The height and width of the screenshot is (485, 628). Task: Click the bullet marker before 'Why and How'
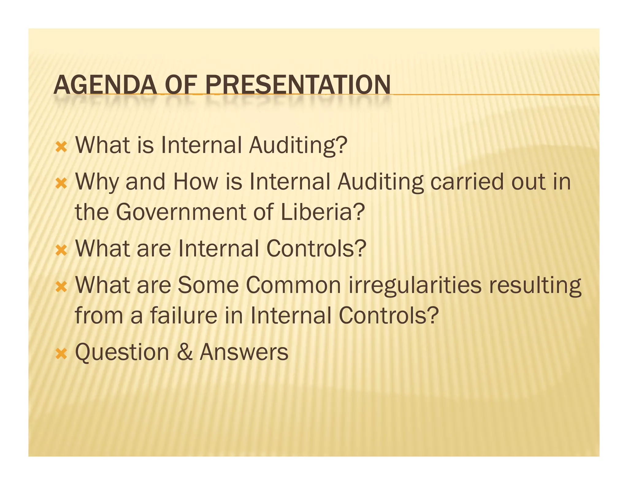pyautogui.click(x=61, y=184)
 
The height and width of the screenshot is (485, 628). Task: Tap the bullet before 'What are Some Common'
pyautogui.click(x=61, y=287)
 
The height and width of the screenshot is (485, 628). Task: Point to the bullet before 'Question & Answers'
pyautogui.click(x=61, y=354)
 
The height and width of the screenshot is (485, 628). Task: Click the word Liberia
pyautogui.click(x=322, y=212)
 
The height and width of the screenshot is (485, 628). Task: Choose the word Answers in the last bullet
pyautogui.click(x=244, y=352)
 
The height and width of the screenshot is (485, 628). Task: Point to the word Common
pyautogui.click(x=293, y=285)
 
